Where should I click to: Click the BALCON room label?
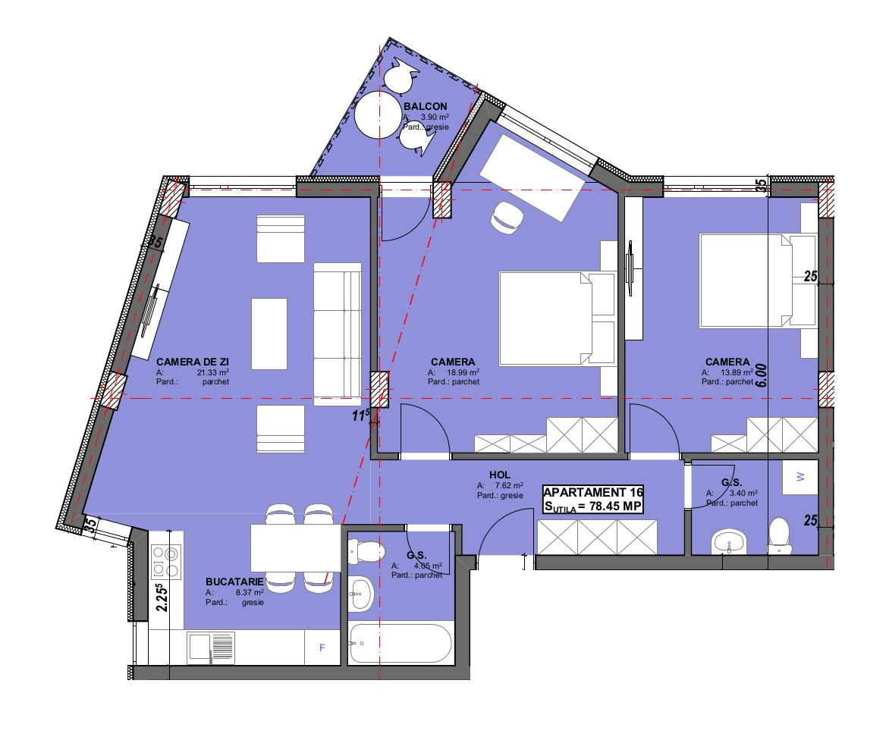click(x=425, y=106)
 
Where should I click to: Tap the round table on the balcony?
click(x=379, y=114)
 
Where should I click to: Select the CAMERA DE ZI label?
click(x=193, y=362)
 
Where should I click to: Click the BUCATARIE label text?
click(x=234, y=582)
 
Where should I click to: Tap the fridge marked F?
click(x=322, y=647)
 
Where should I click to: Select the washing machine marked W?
click(x=800, y=477)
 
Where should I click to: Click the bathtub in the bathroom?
click(x=399, y=644)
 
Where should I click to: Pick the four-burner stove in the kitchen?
click(x=166, y=562)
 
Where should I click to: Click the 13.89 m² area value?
click(x=736, y=373)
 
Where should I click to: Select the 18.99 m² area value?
click(x=463, y=373)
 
